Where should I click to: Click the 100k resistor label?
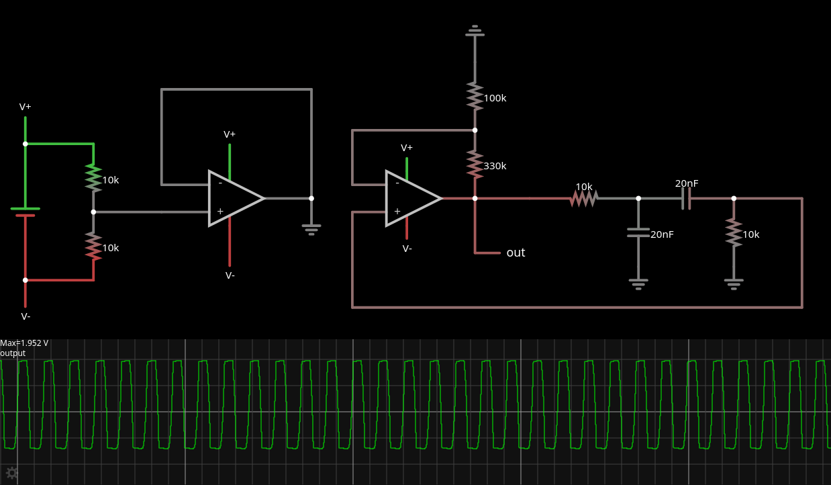[495, 98]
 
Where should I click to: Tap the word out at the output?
[516, 253]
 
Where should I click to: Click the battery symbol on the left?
[26, 212]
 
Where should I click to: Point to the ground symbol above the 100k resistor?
[475, 30]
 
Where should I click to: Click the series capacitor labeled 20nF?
[686, 198]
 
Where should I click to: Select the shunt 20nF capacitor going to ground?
[638, 232]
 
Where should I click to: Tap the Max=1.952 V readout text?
[24, 343]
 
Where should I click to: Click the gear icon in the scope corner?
[11, 473]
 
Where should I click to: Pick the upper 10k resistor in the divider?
[93, 178]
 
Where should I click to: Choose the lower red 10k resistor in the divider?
[93, 246]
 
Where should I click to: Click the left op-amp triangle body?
[232, 198]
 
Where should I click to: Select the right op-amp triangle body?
[409, 198]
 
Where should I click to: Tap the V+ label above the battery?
[26, 107]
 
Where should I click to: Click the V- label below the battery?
[26, 316]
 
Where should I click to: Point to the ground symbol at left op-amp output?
[311, 229]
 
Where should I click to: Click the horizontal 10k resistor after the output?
[584, 198]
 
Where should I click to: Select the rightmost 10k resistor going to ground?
[734, 232]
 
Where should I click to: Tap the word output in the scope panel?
[13, 353]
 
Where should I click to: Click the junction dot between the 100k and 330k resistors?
[475, 130]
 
